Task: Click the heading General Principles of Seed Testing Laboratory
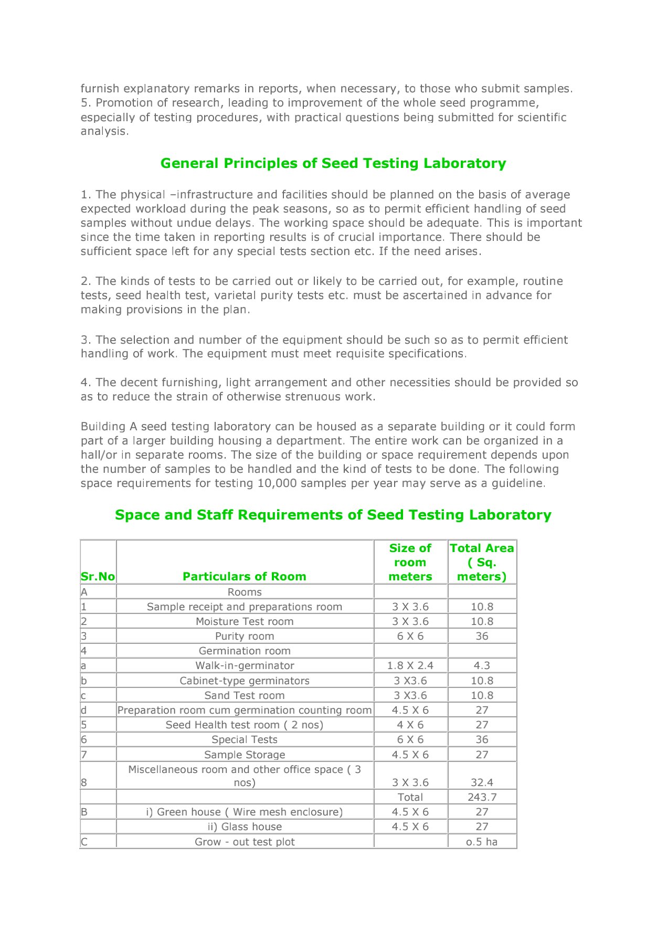[x=333, y=163]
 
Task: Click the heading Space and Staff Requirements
[x=333, y=515]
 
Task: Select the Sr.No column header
[x=98, y=576]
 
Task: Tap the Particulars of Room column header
[x=244, y=576]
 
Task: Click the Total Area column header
[x=482, y=562]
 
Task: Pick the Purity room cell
[x=245, y=636]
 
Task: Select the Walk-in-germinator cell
[x=245, y=665]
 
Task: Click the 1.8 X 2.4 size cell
[x=410, y=665]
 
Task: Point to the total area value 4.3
[x=482, y=665]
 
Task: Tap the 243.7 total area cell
[x=482, y=797]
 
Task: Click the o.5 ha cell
[x=482, y=842]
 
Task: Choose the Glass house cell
[x=245, y=827]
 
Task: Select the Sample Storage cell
[x=245, y=755]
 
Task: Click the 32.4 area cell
[x=482, y=782]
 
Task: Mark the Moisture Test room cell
[x=245, y=621]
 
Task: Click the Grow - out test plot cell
[x=245, y=842]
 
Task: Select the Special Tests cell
[x=245, y=739]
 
